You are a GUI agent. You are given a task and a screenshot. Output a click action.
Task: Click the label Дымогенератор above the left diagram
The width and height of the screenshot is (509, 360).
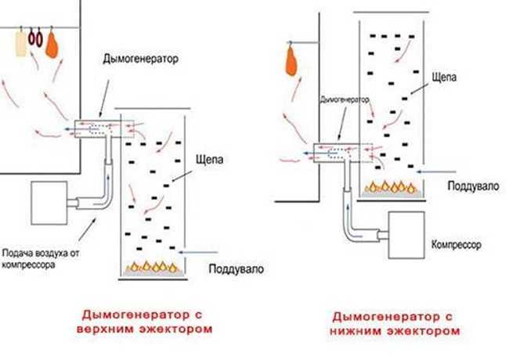point(140,59)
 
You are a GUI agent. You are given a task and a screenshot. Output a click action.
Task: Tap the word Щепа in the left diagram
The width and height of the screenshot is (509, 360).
point(210,160)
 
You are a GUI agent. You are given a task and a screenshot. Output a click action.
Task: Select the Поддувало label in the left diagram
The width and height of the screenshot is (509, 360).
point(236,269)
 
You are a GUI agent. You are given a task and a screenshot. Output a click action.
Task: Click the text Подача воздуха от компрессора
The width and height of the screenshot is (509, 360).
point(41,259)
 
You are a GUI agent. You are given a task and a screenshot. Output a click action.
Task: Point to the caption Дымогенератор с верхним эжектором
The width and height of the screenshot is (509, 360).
point(144,322)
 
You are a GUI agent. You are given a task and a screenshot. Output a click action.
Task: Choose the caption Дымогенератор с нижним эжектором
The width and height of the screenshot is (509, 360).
point(395,324)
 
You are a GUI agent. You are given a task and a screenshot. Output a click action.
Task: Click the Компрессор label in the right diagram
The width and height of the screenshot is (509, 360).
point(456,244)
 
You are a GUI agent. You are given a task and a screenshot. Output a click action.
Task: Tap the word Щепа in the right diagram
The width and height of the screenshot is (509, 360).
point(444,77)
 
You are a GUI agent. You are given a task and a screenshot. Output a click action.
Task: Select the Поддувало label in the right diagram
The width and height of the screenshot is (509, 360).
point(473,186)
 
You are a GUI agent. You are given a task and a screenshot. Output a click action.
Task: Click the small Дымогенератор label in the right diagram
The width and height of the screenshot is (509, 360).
point(344,99)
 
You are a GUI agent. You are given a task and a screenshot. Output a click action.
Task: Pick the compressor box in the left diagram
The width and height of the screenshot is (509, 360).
point(49,203)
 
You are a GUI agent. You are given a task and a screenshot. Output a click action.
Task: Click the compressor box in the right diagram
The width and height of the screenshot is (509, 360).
point(406,235)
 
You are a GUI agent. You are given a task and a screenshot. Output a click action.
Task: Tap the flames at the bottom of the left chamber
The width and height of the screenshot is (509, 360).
point(152,267)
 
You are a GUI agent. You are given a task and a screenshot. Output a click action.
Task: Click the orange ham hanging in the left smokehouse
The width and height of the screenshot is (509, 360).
point(52,45)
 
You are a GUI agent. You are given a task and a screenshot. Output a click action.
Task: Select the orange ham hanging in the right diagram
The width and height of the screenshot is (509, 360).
point(292,62)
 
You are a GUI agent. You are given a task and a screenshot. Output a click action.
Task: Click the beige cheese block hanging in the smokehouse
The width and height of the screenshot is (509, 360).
point(21,44)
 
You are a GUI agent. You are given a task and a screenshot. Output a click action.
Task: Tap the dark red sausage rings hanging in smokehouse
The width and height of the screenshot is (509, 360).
point(35,38)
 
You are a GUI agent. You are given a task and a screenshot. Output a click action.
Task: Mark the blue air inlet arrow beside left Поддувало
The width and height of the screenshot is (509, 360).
point(199,252)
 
